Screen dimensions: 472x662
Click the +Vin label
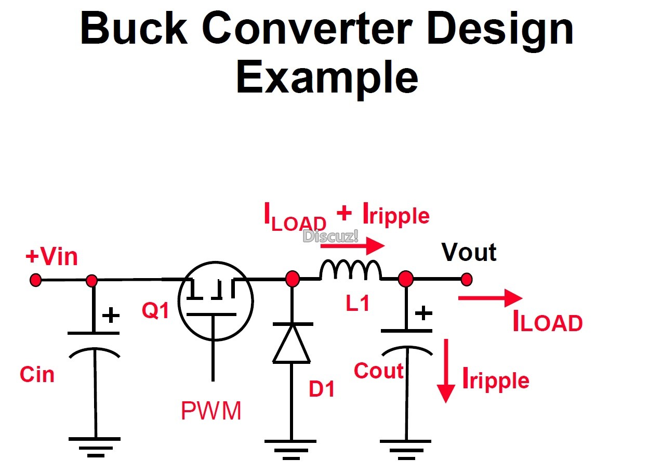[x=51, y=257]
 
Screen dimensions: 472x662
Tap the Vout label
[x=469, y=252]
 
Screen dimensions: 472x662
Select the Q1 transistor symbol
[x=215, y=302]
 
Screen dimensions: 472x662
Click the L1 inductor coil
[x=351, y=270]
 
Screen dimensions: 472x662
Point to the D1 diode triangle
[x=292, y=343]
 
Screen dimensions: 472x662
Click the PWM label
[x=211, y=411]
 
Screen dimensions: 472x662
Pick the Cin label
[x=37, y=374]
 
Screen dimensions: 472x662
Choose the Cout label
[x=378, y=371]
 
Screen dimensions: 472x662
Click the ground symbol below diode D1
[x=291, y=448]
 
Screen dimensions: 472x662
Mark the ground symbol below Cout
[x=405, y=448]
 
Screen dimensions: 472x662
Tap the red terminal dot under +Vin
[x=35, y=280]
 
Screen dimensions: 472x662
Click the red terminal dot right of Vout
[x=467, y=279]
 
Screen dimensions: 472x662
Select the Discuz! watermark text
[x=330, y=237]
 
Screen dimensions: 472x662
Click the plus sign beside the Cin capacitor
[x=110, y=315]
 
